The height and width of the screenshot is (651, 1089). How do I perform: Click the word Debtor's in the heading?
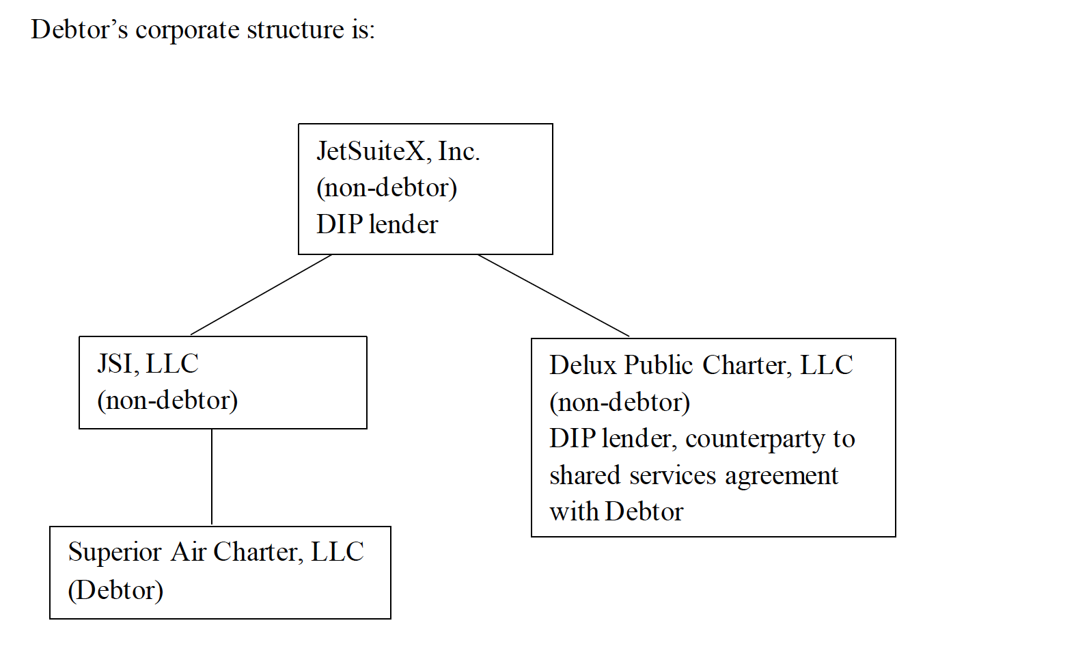(x=79, y=29)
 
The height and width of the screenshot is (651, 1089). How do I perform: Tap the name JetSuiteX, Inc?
(x=398, y=151)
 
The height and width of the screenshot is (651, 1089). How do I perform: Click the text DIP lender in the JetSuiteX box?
(x=377, y=224)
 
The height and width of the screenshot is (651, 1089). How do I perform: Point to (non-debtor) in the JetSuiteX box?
(x=387, y=188)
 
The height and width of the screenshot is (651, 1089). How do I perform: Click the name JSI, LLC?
(x=148, y=364)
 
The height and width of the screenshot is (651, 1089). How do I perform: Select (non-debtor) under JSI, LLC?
(x=168, y=401)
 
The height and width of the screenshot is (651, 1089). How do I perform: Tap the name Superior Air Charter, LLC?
(x=216, y=553)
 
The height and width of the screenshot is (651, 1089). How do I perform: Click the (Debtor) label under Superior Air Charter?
(x=115, y=590)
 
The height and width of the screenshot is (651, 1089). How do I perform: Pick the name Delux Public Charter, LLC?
(x=701, y=365)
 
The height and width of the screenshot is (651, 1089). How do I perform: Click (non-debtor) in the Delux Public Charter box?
(x=620, y=402)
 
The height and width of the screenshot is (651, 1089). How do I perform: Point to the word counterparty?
(x=754, y=439)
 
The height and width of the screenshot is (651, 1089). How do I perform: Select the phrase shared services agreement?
(x=693, y=475)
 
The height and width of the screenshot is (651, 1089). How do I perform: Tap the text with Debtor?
(x=616, y=512)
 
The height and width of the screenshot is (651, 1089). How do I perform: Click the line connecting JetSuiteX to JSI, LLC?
(x=261, y=295)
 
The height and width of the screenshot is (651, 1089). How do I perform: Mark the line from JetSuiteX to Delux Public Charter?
(x=554, y=295)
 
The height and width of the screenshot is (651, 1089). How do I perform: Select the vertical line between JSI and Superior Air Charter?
(x=212, y=477)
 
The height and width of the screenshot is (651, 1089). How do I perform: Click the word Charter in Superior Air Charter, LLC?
(x=256, y=553)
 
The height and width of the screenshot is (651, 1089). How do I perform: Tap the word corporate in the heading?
(x=187, y=30)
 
